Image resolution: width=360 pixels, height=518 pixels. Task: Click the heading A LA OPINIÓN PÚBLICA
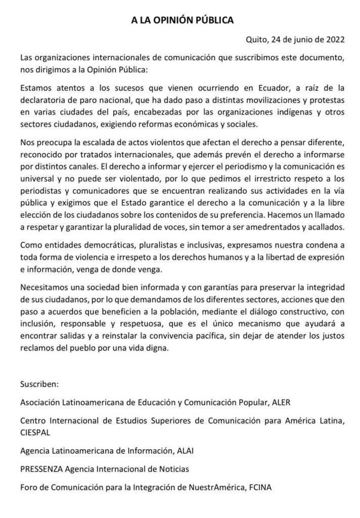click(180, 21)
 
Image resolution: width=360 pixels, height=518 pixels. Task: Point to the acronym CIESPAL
click(36, 432)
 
